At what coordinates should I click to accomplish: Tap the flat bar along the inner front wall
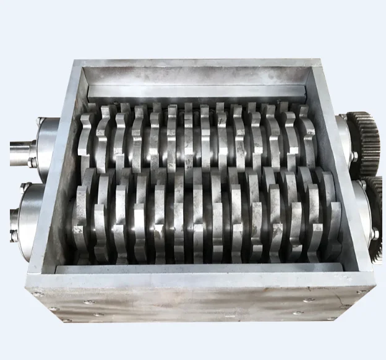tap(198, 268)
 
